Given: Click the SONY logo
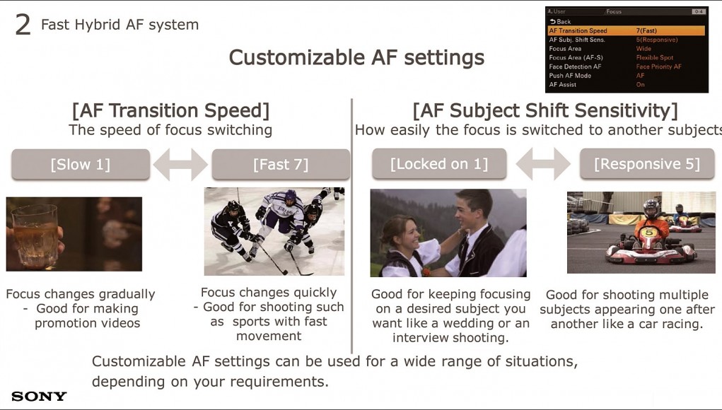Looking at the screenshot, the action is pyautogui.click(x=39, y=396).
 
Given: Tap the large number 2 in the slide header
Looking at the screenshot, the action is pyautogui.click(x=23, y=25).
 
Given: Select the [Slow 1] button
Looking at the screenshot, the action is pyautogui.click(x=81, y=164).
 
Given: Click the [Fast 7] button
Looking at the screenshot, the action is pyautogui.click(x=281, y=164).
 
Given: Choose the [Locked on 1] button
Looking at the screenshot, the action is pyautogui.click(x=439, y=164).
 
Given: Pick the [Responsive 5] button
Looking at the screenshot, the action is pyautogui.click(x=647, y=164).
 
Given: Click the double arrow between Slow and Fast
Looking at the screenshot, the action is pyautogui.click(x=180, y=164).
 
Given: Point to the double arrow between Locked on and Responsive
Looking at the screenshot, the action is pyautogui.click(x=543, y=163).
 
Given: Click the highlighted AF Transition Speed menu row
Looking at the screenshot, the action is pyautogui.click(x=627, y=31).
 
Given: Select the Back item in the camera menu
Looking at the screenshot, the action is pyautogui.click(x=560, y=22).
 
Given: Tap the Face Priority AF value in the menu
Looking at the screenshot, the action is pyautogui.click(x=658, y=66).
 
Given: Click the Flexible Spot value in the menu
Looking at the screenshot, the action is pyautogui.click(x=654, y=57).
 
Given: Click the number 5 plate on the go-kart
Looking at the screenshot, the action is pyautogui.click(x=649, y=233).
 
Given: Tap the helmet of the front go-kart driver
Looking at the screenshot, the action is pyautogui.click(x=651, y=209).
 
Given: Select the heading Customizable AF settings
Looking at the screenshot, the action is pyautogui.click(x=356, y=58).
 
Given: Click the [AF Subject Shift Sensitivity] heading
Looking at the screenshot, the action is pyautogui.click(x=545, y=110).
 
